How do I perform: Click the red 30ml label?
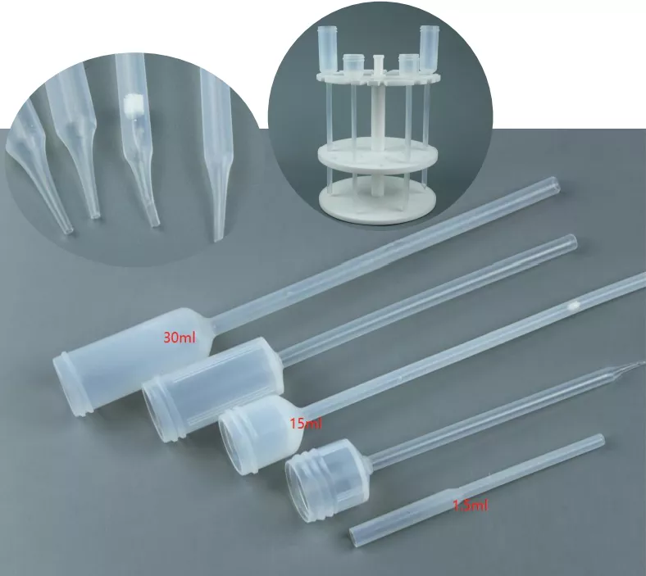179,336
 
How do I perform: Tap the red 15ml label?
306,424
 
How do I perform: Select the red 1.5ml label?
471,506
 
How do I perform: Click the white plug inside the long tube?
573,306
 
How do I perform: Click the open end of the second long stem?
571,242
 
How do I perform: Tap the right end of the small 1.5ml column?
600,440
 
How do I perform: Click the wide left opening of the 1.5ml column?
354,537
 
